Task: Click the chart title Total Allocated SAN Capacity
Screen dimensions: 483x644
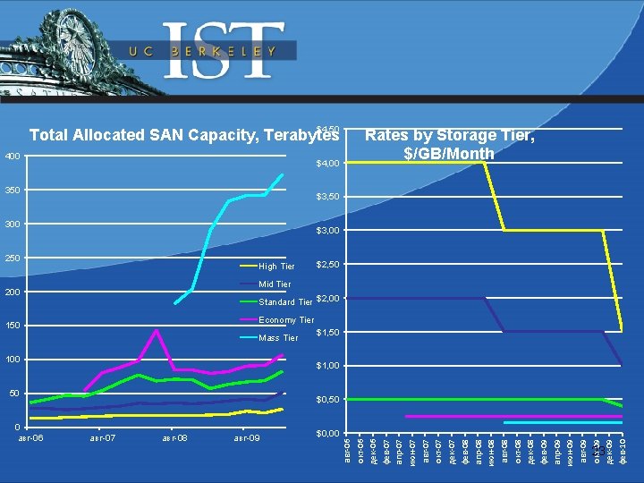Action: point(184,135)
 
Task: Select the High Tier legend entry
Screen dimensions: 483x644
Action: point(276,267)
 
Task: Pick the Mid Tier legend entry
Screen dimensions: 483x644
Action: point(274,284)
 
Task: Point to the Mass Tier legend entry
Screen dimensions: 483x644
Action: point(277,338)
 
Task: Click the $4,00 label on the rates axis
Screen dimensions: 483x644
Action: point(327,164)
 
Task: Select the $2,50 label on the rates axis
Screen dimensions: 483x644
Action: point(327,265)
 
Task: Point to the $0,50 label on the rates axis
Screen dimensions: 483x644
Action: point(327,400)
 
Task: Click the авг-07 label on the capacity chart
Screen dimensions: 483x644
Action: point(103,438)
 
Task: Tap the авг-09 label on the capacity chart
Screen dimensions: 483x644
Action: point(246,438)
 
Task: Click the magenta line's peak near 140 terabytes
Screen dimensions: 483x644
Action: point(157,331)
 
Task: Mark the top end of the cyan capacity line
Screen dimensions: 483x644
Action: point(283,174)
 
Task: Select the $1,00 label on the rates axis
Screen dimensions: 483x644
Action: point(327,366)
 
